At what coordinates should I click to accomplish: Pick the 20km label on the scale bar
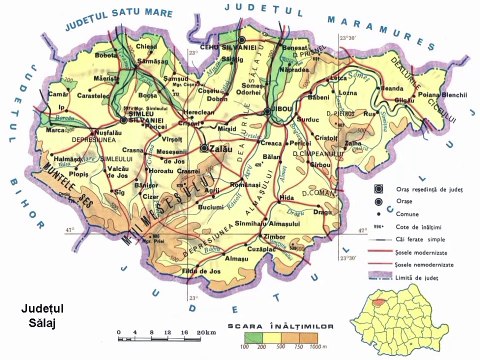point(206,332)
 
